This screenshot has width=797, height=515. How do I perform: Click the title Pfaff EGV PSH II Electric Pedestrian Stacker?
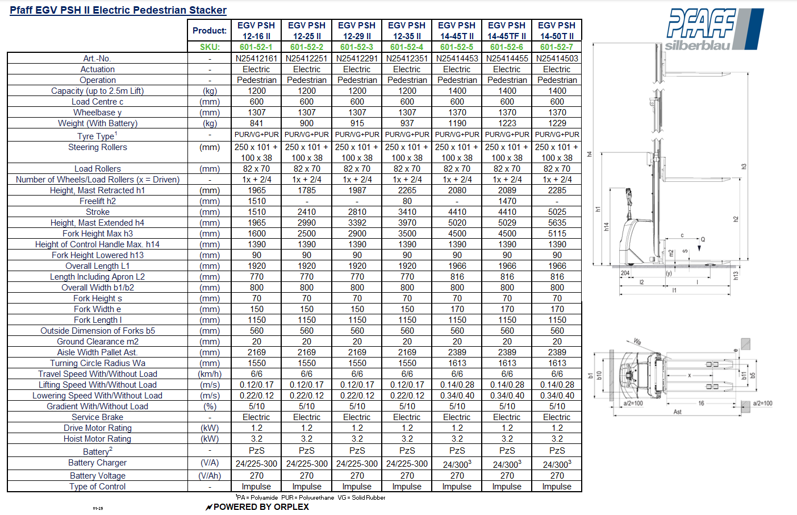[x=118, y=10]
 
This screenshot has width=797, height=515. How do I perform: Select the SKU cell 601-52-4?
[x=407, y=47]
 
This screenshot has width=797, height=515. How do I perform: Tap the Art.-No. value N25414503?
[x=557, y=58]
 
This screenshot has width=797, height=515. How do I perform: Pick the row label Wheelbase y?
[x=97, y=113]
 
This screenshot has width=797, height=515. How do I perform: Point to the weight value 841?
[x=256, y=123]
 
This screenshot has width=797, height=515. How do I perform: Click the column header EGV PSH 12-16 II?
[x=256, y=31]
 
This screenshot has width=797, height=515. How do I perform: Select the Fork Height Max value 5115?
[x=557, y=234]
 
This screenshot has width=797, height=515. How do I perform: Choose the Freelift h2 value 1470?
[x=507, y=201]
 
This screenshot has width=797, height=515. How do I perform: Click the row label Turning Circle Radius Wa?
[x=97, y=363]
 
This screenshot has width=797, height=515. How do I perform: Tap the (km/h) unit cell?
[x=210, y=374]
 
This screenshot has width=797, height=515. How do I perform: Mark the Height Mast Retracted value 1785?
[x=307, y=190]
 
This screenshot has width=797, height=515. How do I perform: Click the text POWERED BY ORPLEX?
[x=261, y=507]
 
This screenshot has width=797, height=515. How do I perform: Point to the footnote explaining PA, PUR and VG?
[x=310, y=497]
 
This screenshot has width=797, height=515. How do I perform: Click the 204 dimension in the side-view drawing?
[x=625, y=273]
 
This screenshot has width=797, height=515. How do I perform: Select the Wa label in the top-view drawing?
[x=637, y=342]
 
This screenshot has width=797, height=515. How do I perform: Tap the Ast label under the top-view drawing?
[x=677, y=412]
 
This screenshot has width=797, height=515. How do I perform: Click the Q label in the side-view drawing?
[x=703, y=239]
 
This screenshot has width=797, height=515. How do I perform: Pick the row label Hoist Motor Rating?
[x=97, y=439]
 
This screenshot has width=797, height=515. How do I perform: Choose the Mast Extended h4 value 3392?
[x=357, y=223]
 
